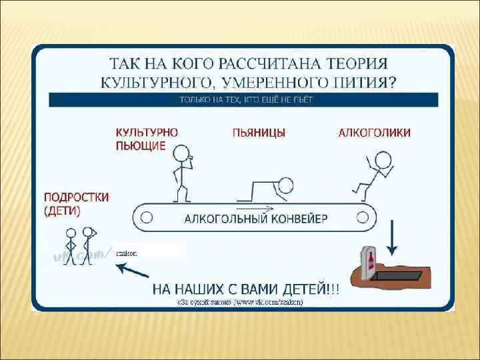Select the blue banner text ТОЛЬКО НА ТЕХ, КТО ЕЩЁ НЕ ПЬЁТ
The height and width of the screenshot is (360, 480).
point(245,99)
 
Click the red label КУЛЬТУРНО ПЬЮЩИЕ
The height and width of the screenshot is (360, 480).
point(147,139)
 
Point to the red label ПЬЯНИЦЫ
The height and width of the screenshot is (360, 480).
point(260,133)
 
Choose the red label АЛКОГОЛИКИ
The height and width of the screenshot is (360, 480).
point(375,133)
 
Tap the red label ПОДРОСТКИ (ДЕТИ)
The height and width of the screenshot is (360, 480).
point(76,204)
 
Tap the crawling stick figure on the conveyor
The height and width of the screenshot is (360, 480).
point(267,190)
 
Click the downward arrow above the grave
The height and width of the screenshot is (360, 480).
point(392,237)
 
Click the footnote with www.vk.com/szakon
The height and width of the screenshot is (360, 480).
point(240,302)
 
